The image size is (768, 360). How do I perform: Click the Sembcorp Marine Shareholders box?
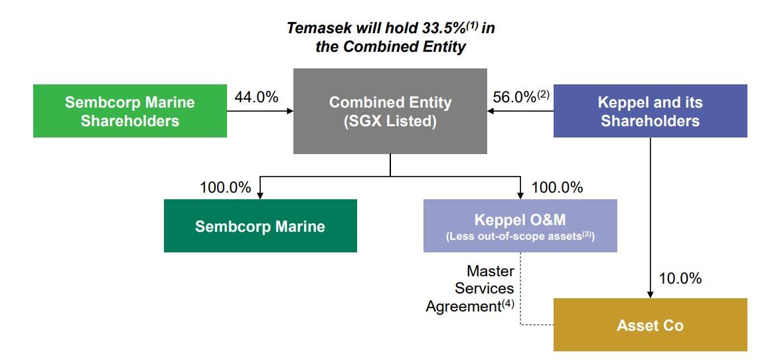coord(130,111)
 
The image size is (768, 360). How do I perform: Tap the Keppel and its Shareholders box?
coord(650,111)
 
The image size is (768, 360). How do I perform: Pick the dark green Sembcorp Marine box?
coord(260,226)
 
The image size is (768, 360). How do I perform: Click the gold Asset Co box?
coord(650,325)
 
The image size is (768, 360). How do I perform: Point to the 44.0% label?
coord(256,97)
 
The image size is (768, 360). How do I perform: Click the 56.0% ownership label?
coord(515,97)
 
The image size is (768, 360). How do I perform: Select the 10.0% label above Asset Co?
coord(680,279)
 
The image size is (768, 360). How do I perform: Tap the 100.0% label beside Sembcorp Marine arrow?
coord(226,188)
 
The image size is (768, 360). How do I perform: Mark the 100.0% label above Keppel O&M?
coord(558,188)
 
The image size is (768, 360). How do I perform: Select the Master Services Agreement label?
coord(471,289)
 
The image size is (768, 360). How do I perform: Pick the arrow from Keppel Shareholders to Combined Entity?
coord(520,111)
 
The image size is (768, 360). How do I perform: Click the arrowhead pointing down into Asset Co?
coord(650,294)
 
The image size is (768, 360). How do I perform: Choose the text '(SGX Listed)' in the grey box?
coord(390,122)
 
